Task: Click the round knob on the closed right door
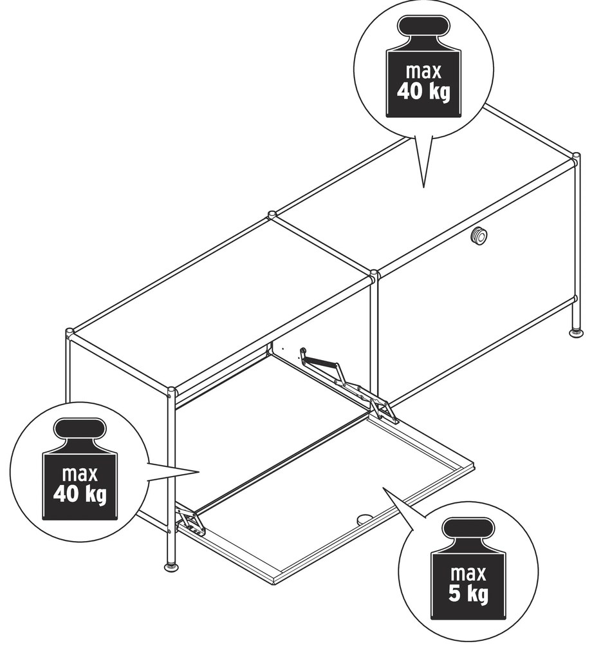pyautogui.click(x=479, y=236)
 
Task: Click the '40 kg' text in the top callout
pyautogui.click(x=423, y=91)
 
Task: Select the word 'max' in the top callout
pyautogui.click(x=423, y=71)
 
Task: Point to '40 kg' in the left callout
pyautogui.click(x=80, y=494)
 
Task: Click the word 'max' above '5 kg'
pyautogui.click(x=468, y=573)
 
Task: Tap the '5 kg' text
pyautogui.click(x=468, y=593)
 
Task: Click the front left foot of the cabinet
pyautogui.click(x=172, y=566)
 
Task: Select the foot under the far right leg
pyautogui.click(x=577, y=333)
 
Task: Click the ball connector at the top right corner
pyautogui.click(x=576, y=159)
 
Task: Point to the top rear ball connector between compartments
pyautogui.click(x=272, y=215)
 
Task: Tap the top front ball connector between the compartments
pyautogui.click(x=375, y=275)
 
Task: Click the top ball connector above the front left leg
pyautogui.click(x=171, y=392)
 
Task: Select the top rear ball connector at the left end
pyautogui.click(x=69, y=333)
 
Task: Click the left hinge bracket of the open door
pyautogui.click(x=190, y=521)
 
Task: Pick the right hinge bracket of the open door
pyautogui.click(x=383, y=408)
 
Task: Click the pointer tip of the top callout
pyautogui.click(x=423, y=187)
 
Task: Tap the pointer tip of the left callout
pyautogui.click(x=198, y=472)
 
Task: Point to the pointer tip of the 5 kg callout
pyautogui.click(x=384, y=488)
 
